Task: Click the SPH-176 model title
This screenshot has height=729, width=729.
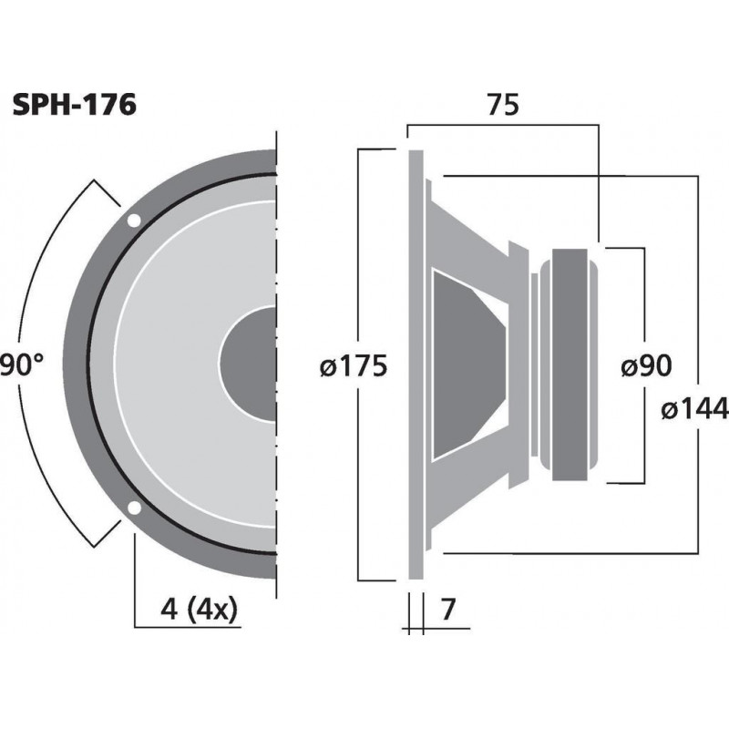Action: point(75,106)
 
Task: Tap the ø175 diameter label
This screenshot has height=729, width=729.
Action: point(354,367)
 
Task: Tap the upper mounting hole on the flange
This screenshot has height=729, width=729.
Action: point(134,221)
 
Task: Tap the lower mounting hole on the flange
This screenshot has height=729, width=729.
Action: point(134,508)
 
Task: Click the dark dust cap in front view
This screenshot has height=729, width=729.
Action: point(248,364)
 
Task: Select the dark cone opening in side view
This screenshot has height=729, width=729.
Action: point(465,364)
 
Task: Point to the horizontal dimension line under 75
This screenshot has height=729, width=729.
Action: point(500,127)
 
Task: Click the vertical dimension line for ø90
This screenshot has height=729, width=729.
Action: point(645,301)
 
